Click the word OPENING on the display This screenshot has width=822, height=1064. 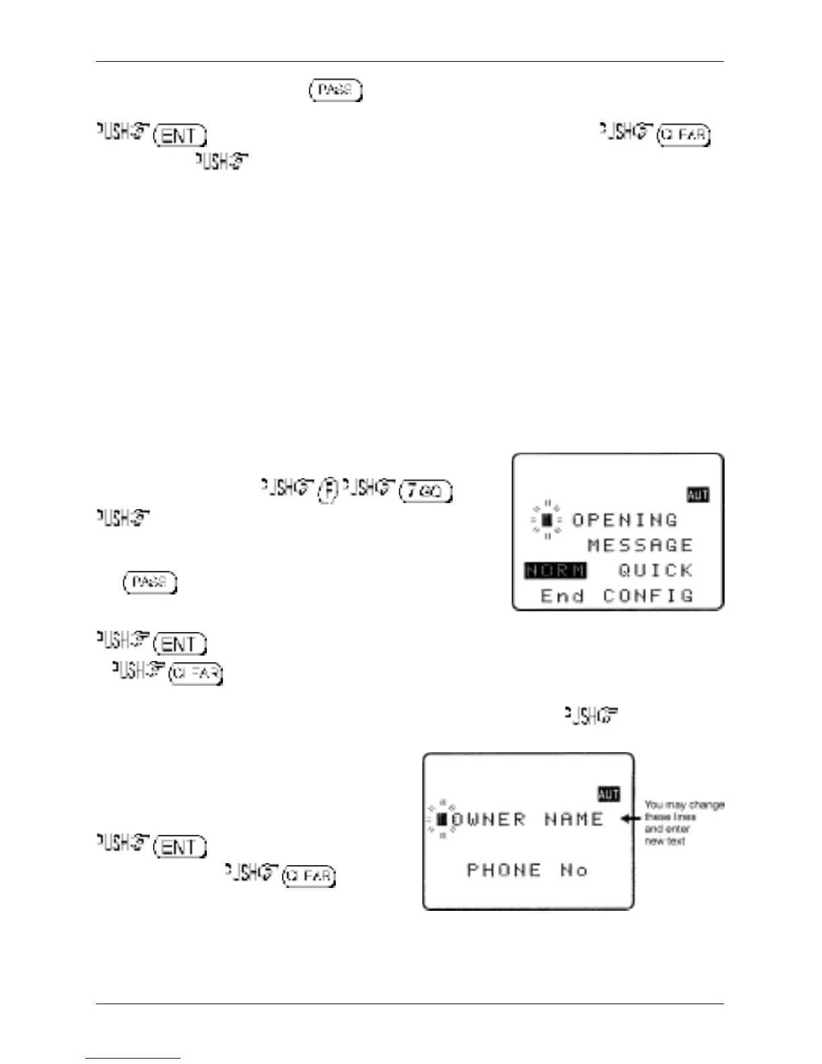[625, 521]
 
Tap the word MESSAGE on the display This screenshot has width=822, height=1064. [640, 545]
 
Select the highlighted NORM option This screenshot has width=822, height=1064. [555, 571]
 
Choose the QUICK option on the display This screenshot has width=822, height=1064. [655, 571]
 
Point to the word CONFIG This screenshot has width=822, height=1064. [648, 596]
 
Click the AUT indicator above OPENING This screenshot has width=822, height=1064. [698, 495]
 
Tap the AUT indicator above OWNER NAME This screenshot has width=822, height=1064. [608, 795]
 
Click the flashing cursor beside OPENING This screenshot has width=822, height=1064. [547, 520]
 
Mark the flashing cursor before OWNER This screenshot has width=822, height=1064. [442, 819]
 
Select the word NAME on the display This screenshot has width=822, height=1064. [574, 820]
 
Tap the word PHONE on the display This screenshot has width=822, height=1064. [504, 871]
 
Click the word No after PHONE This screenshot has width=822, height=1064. [574, 871]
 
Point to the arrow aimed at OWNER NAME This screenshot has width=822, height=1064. [631, 819]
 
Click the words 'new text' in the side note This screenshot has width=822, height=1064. [665, 841]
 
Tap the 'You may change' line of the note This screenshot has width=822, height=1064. [684, 805]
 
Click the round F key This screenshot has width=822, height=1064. [327, 490]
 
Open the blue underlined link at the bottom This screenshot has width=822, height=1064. [133, 1059]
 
